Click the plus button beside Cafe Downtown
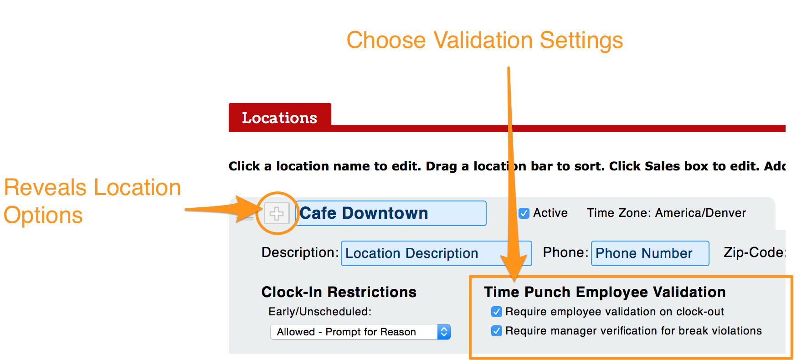pos(277,213)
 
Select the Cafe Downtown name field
pos(391,213)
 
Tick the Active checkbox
pos(524,213)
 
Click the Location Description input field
pos(436,253)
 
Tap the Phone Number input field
pos(650,253)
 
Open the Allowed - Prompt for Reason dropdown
pos(360,332)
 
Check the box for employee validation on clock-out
pos(497,312)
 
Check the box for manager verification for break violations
pos(497,331)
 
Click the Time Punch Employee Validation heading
pos(605,292)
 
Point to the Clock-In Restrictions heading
pos(339,292)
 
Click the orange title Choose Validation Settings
pos(485,40)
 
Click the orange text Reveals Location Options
pos(93,201)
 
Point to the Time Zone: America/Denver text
pos(666,213)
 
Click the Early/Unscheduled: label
pos(320,312)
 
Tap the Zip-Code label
pos(754,252)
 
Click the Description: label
pos(300,252)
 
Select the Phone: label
pos(565,252)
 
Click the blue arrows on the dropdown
pos(444,332)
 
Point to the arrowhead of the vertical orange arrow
pos(515,279)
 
